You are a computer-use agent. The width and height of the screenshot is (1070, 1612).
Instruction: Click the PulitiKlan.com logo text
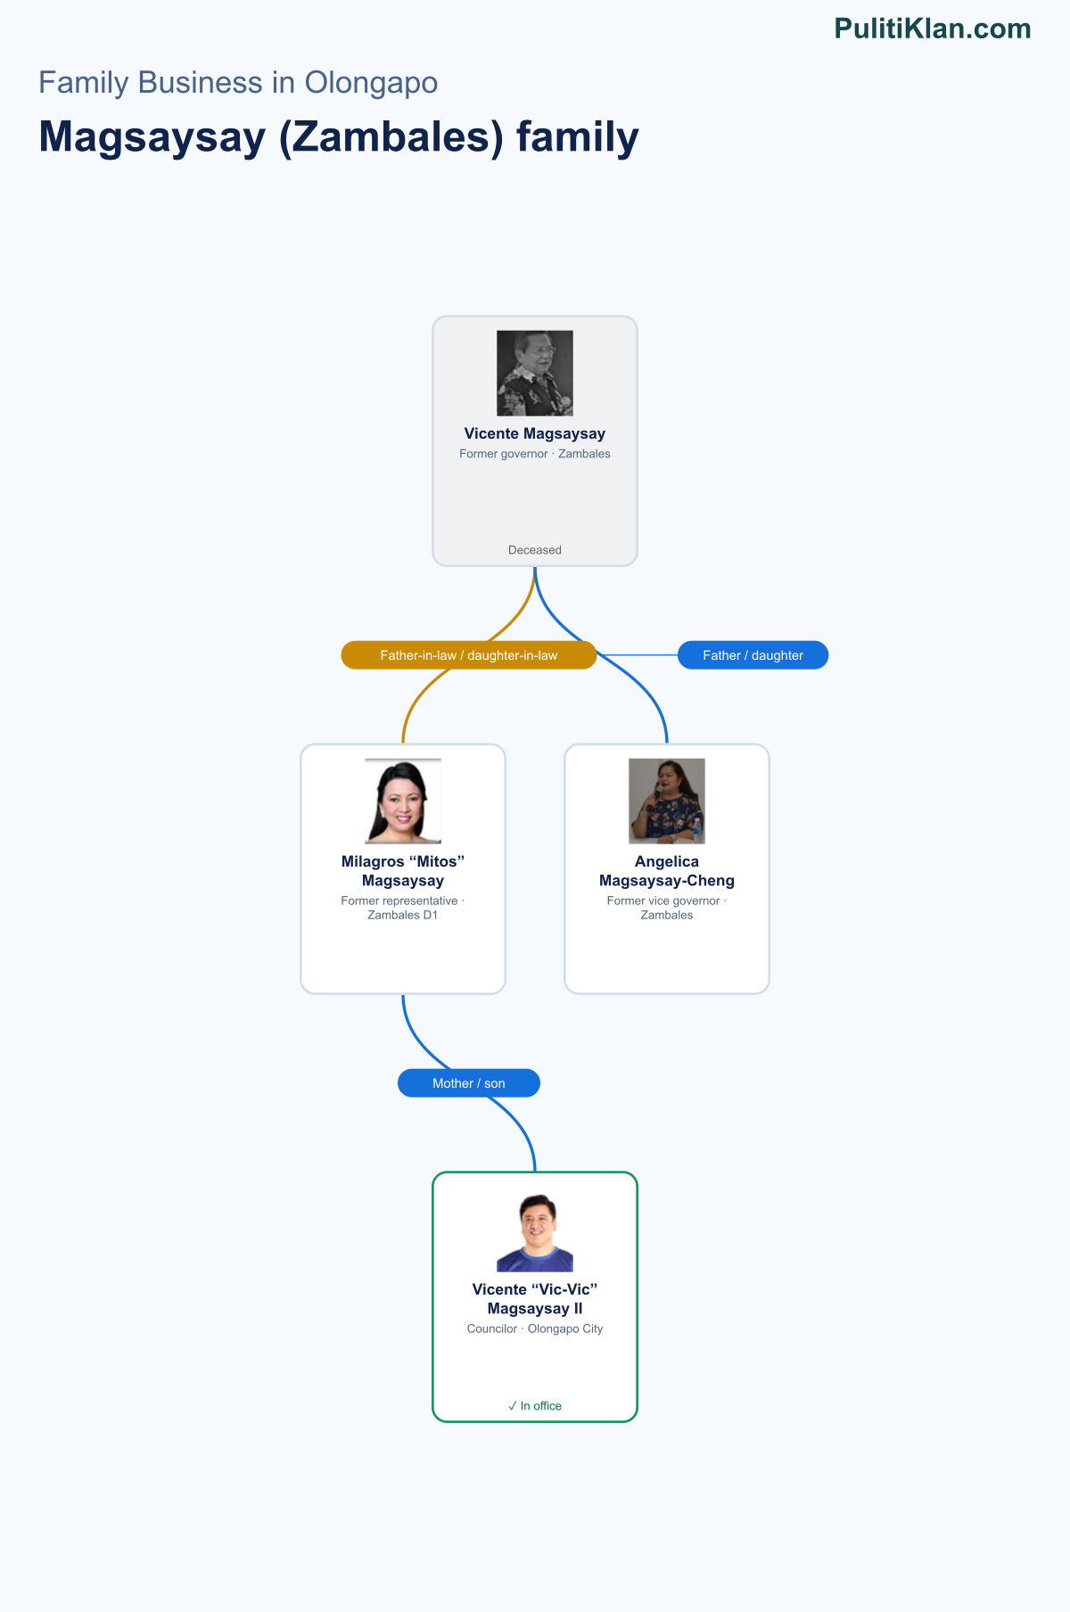tap(933, 29)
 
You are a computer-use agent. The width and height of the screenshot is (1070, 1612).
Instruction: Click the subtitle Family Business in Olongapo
tap(238, 83)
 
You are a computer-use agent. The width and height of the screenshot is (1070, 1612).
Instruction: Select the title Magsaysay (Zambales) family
tap(339, 137)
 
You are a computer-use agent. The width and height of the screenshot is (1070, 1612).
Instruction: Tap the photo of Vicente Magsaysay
tap(535, 374)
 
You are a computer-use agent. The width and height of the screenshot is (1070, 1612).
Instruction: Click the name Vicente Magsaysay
tap(535, 433)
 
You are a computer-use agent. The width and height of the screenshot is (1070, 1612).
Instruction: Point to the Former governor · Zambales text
tap(535, 454)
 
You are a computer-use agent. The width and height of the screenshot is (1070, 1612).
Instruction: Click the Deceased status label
tap(535, 550)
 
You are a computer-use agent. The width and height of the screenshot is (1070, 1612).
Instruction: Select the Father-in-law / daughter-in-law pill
tap(469, 655)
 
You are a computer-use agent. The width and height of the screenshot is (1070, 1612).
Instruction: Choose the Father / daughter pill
tap(753, 655)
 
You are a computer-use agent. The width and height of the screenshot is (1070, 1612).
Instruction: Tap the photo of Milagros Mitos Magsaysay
tap(403, 802)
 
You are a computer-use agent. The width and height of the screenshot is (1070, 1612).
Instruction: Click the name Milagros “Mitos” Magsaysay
tap(403, 871)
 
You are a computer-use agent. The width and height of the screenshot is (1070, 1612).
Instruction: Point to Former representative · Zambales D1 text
tap(403, 908)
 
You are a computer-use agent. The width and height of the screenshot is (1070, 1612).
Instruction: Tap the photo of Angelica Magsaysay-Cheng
tap(667, 802)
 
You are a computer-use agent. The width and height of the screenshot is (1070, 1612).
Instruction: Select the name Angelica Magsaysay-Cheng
tap(667, 871)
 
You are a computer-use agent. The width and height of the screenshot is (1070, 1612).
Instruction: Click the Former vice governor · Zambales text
tap(667, 908)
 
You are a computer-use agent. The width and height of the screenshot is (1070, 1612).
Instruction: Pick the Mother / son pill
tap(469, 1083)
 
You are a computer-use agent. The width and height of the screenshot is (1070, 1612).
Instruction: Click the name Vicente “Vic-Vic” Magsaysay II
tap(535, 1299)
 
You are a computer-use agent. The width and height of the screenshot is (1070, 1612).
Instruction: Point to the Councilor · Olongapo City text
tap(535, 1328)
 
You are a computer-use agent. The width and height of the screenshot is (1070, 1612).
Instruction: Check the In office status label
tap(535, 1406)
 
